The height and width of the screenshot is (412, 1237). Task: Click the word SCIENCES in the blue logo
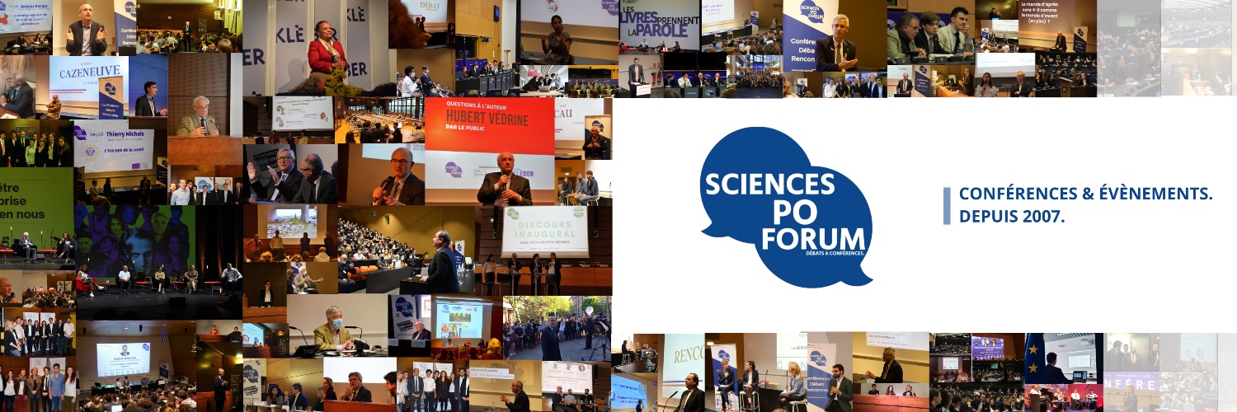pyautogui.click(x=768, y=182)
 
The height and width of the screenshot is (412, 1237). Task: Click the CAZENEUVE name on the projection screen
pyautogui.click(x=85, y=74)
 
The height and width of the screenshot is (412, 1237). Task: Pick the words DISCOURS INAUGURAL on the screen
pyautogui.click(x=545, y=222)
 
